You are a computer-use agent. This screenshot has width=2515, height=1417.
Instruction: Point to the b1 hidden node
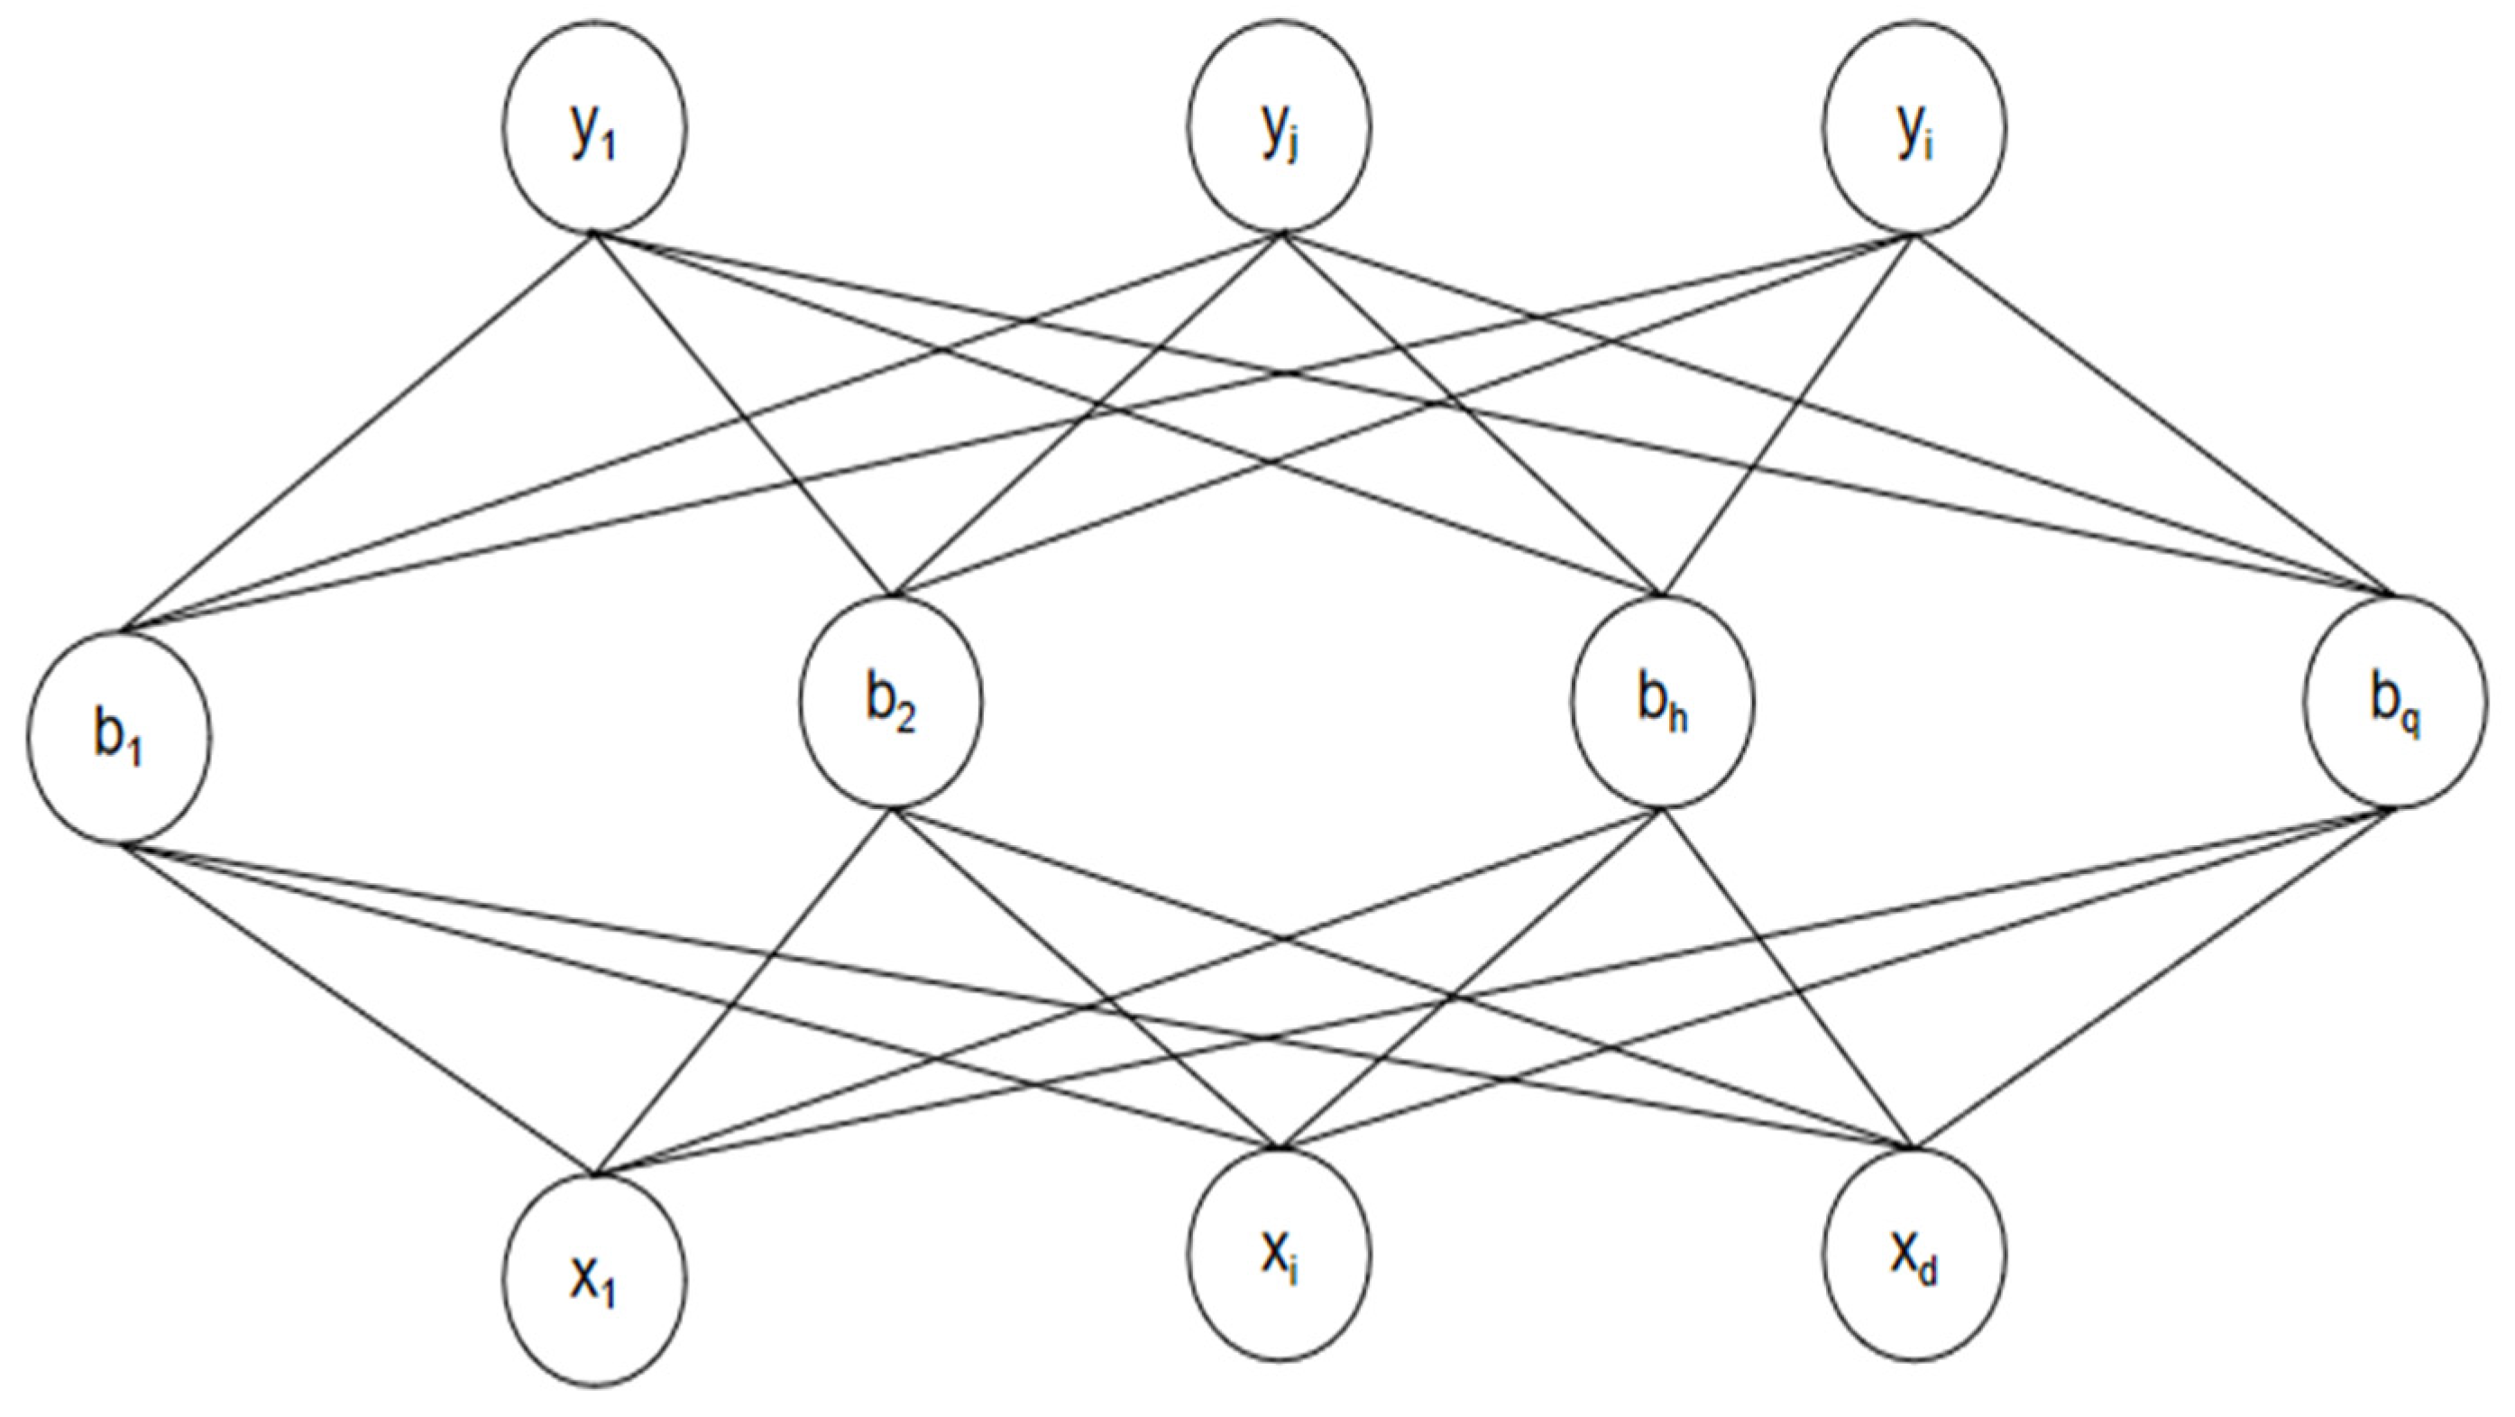point(118,736)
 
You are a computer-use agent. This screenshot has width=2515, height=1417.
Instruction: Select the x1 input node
point(594,1280)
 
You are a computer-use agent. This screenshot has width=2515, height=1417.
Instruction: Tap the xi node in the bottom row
point(1279,1254)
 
